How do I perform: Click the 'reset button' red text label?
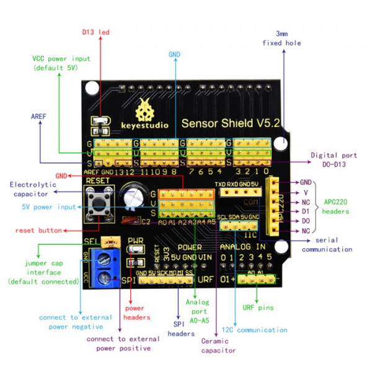pyautogui.click(x=39, y=230)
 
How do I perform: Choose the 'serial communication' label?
pyautogui.click(x=326, y=244)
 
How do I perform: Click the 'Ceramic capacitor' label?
pyautogui.click(x=218, y=345)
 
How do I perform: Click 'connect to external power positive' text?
pyautogui.click(x=118, y=343)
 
